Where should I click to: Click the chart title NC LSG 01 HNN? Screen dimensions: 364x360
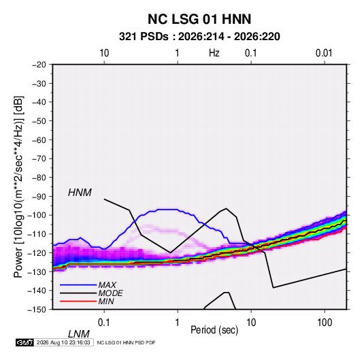[x=199, y=19]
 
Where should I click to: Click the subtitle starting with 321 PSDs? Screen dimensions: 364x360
[x=199, y=37]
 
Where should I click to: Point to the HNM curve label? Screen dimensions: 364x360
[x=80, y=193]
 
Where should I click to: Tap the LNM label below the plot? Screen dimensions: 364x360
[x=79, y=334]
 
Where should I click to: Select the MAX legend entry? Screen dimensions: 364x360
[x=107, y=285]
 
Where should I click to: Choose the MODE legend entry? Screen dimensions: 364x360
[x=110, y=293]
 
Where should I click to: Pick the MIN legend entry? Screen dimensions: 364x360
[x=106, y=301]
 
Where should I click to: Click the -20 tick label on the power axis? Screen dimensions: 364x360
[x=39, y=65]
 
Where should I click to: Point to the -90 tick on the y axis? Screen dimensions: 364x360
[x=39, y=197]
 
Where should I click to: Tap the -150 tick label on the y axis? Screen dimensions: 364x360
[x=37, y=310]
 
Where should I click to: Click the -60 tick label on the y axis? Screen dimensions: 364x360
[x=39, y=140]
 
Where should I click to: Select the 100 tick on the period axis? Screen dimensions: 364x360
[x=325, y=323]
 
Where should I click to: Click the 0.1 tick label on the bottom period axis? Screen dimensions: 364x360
[x=104, y=323]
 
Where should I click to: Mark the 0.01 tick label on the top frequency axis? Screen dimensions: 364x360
[x=324, y=53]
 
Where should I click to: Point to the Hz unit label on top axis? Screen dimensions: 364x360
[x=214, y=53]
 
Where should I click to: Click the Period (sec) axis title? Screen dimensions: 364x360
[x=214, y=330]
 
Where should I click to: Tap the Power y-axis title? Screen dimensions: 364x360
[x=19, y=187]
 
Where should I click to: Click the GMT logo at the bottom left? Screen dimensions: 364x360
[x=24, y=342]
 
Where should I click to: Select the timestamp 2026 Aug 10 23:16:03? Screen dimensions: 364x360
[x=63, y=342]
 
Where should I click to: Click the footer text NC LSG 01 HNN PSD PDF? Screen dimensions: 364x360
[x=126, y=343]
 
